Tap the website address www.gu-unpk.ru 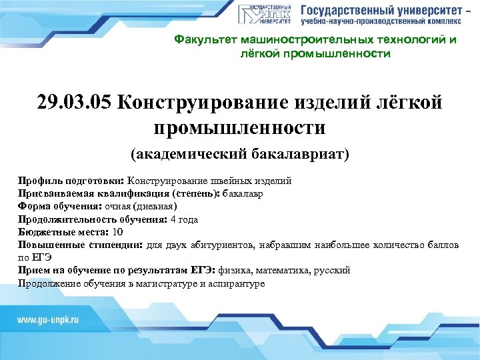pyautogui.click(x=49, y=320)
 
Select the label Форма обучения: pyautogui.click(x=59, y=207)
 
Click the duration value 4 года pyautogui.click(x=184, y=219)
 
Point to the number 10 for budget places pyautogui.click(x=118, y=232)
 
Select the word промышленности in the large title pyautogui.click(x=239, y=127)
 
